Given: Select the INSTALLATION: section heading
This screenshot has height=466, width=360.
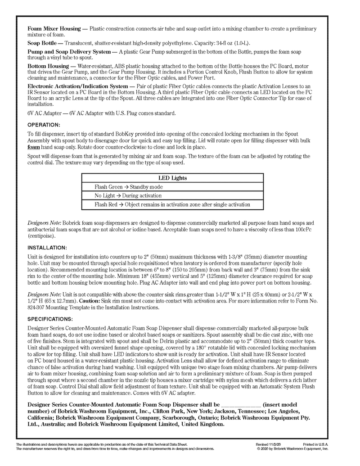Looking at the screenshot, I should (47, 247).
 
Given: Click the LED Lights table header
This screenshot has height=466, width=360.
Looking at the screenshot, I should (172, 178).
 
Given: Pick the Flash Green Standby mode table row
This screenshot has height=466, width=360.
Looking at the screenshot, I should (128, 187).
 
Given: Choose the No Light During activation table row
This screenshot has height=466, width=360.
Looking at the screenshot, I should (128, 196).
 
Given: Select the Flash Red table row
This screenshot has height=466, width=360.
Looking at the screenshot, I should (172, 204).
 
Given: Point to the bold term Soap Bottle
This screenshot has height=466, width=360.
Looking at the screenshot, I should (42, 43).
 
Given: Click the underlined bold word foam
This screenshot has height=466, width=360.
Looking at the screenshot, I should (34, 147).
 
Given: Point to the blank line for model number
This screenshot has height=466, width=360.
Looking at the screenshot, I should (241, 405).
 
